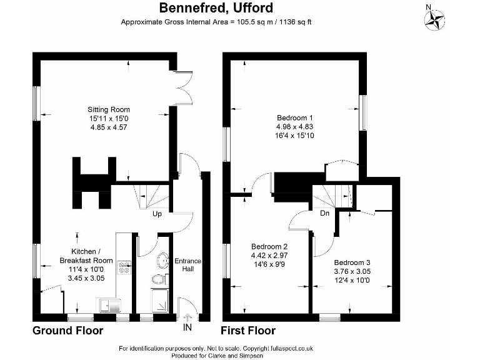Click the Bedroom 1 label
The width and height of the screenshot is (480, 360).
click(294, 117)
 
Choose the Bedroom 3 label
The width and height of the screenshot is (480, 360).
click(351, 262)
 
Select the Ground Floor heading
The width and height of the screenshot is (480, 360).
click(67, 331)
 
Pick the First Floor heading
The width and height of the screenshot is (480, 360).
click(248, 331)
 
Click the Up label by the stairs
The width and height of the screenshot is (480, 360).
click(157, 214)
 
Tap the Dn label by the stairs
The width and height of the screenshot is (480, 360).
click(324, 213)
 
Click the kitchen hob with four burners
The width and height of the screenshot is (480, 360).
click(124, 267)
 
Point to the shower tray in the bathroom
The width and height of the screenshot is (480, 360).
click(160, 302)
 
